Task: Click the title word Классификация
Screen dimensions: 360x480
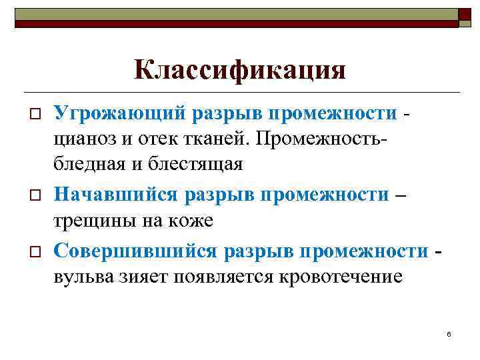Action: (240, 70)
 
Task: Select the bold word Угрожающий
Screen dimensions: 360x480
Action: (119, 113)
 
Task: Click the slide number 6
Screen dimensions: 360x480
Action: (449, 333)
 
